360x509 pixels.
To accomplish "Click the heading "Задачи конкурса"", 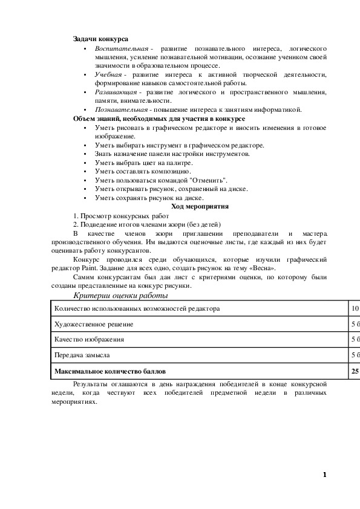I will [x=100, y=39].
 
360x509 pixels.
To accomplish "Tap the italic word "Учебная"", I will [x=108, y=74].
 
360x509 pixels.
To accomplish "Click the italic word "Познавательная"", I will [x=120, y=109].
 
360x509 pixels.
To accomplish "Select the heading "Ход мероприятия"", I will [x=199, y=206].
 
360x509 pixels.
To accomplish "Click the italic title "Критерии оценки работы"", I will [x=120, y=296].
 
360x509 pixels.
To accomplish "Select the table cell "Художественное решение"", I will [x=94, y=324].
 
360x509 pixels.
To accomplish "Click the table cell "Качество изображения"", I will [x=90, y=340].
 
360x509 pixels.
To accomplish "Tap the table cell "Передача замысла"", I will [x=82, y=355].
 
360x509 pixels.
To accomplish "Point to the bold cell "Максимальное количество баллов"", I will [x=110, y=371].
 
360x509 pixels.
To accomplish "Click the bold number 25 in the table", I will [x=355, y=371].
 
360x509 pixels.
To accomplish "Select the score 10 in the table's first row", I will [x=355, y=308].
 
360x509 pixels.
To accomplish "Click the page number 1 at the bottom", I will [x=325, y=475].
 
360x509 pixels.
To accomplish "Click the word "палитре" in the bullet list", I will [x=180, y=163].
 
